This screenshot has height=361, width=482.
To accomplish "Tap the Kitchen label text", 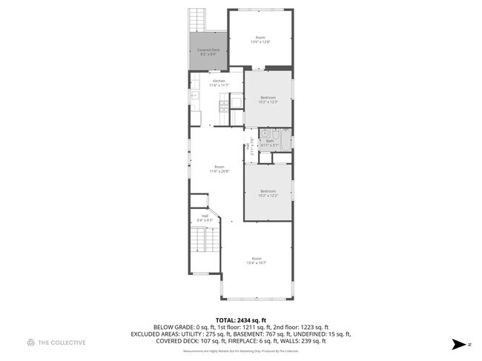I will point(219,80).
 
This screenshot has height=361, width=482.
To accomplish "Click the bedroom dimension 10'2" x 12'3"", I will point(268,102).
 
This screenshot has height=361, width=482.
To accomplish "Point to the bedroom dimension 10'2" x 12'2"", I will point(268,196).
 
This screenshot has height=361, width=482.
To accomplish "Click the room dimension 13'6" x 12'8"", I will point(260,42).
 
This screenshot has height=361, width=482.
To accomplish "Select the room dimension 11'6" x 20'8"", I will point(219,171).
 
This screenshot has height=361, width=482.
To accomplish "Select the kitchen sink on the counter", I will point(194,96).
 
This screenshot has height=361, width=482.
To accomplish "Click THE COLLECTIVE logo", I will point(56,342).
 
